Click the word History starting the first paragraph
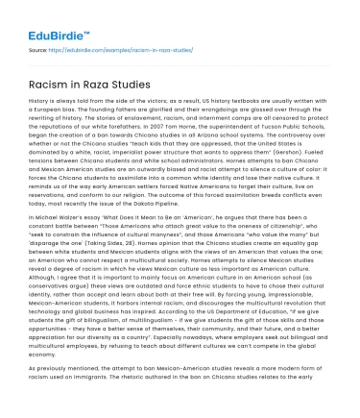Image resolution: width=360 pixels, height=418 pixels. coord(40,107)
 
